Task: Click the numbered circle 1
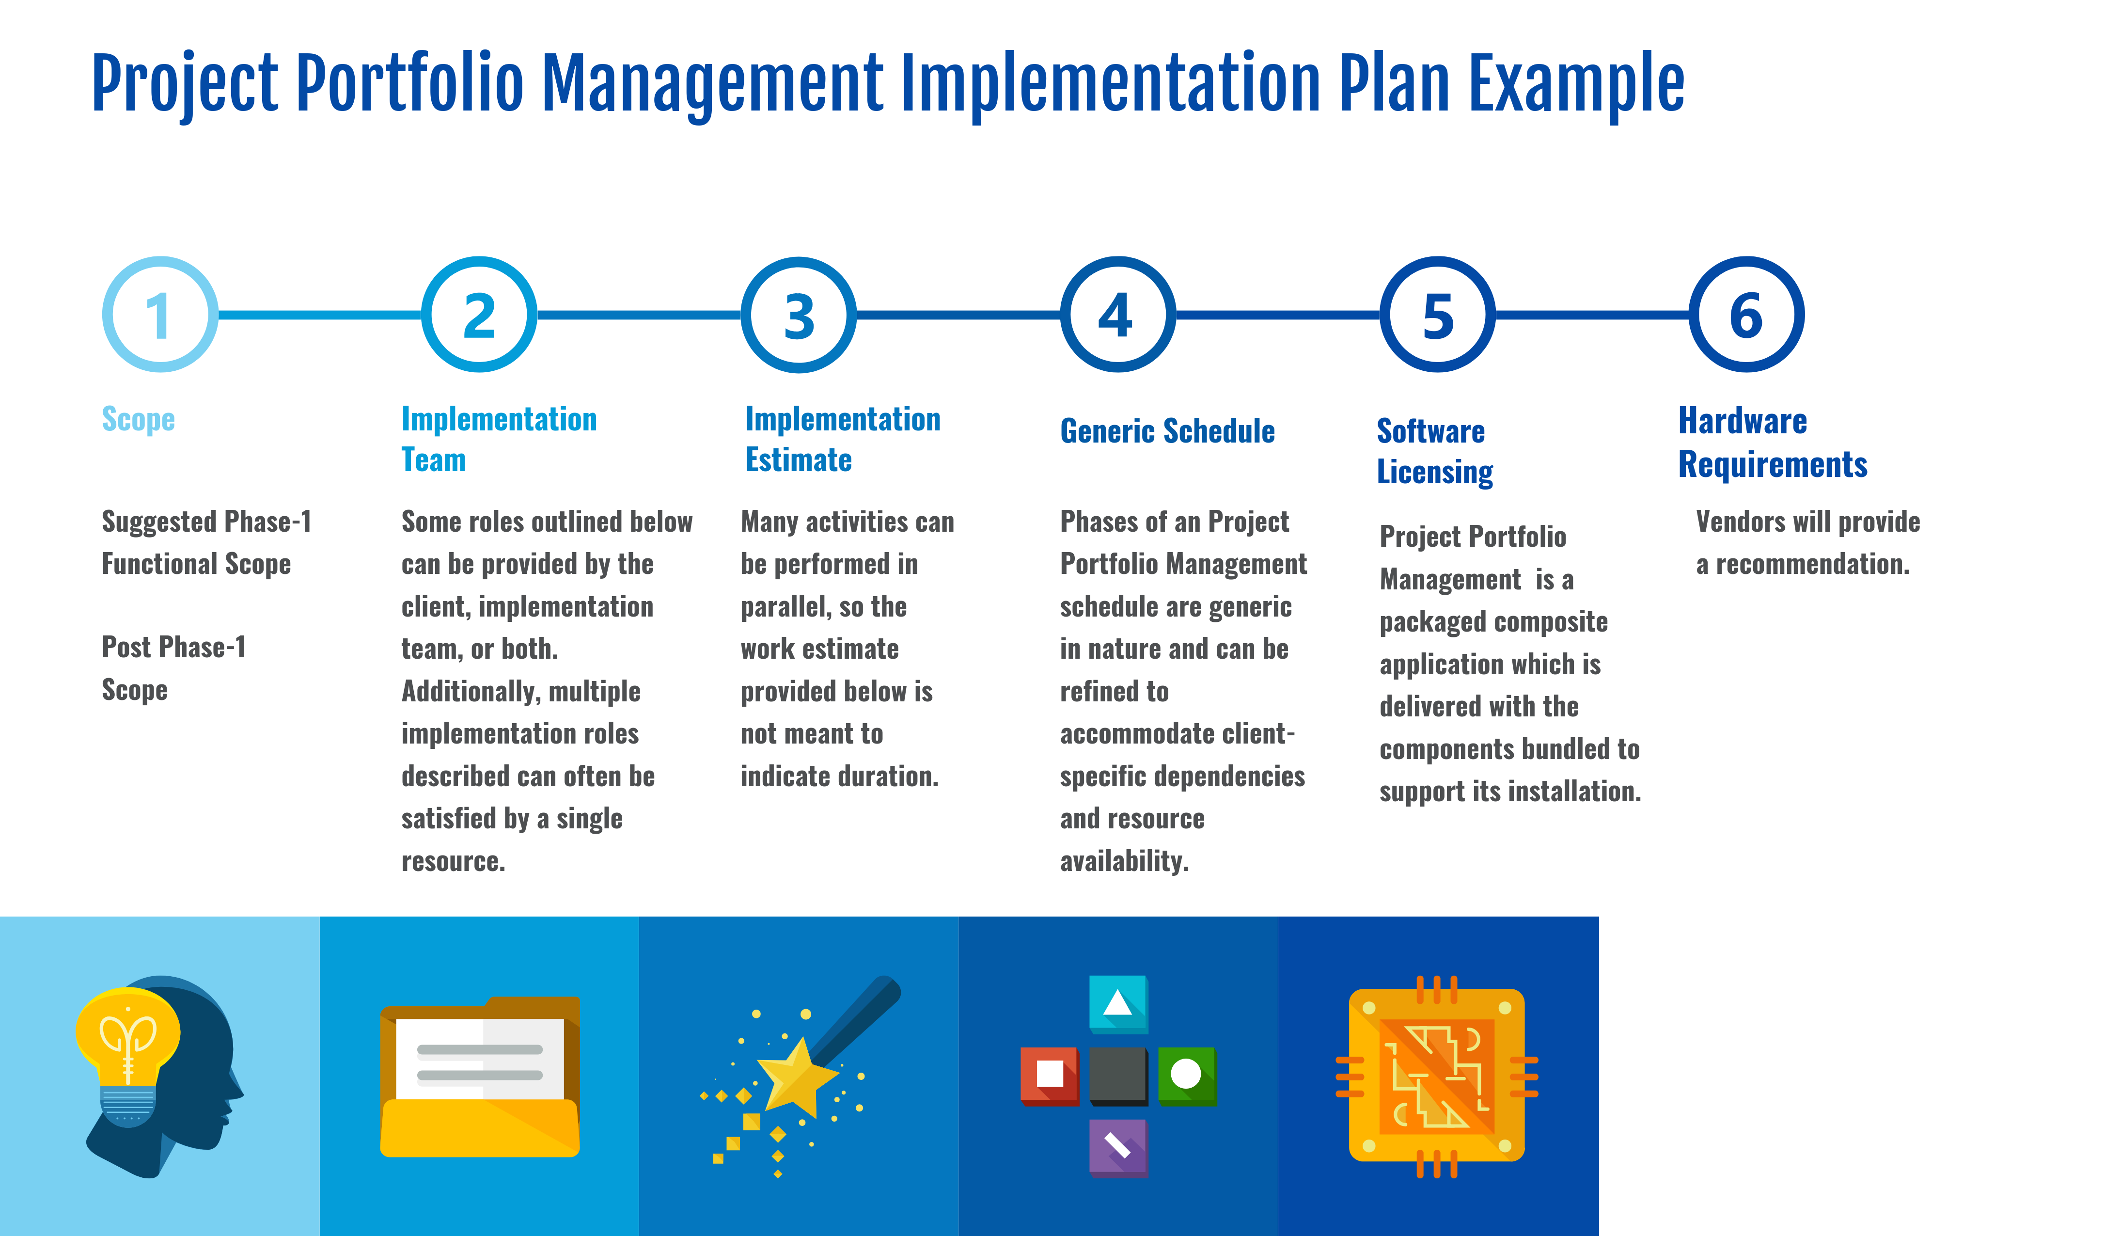(160, 315)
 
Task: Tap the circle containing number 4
(1117, 315)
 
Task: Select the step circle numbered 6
(1746, 315)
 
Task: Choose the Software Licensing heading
(1434, 452)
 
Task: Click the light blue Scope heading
(138, 419)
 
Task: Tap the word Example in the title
(1576, 84)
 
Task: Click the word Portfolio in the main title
(409, 84)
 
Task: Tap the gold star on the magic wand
(795, 1077)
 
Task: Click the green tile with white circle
(1186, 1075)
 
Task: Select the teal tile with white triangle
(1118, 1003)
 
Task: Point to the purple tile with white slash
(1118, 1146)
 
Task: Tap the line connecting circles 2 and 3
(639, 315)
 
